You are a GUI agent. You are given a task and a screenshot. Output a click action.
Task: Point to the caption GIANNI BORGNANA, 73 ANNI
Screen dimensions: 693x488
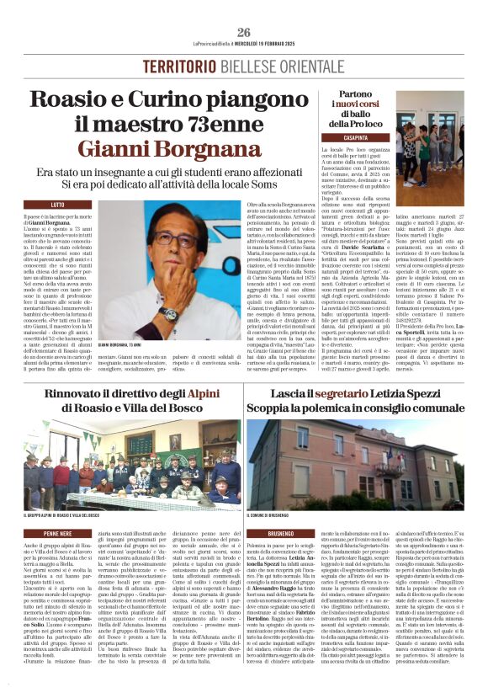[x=127, y=345]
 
